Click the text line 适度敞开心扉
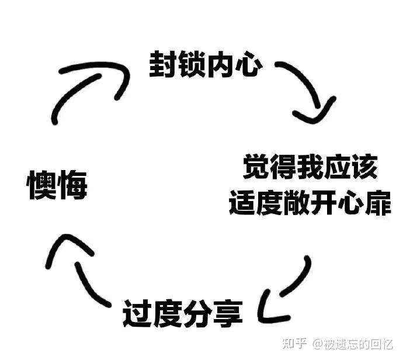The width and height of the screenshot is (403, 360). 310,202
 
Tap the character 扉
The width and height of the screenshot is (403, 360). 377,202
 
